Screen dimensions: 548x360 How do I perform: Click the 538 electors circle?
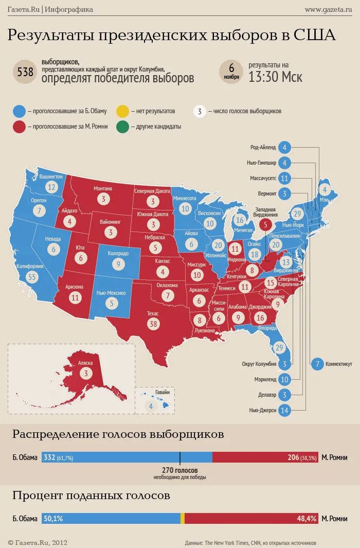click(x=25, y=73)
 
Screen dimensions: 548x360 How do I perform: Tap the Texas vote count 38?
click(x=153, y=324)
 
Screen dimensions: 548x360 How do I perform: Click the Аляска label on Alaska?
click(x=85, y=363)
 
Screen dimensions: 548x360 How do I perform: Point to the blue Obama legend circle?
click(x=19, y=111)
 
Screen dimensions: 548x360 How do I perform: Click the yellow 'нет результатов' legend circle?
click(x=122, y=111)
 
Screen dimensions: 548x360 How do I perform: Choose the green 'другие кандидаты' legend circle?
click(x=122, y=127)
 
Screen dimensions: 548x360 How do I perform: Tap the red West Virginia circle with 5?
click(x=265, y=224)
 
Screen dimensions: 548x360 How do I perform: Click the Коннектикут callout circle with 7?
click(x=317, y=364)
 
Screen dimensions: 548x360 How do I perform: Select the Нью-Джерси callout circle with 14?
click(x=284, y=410)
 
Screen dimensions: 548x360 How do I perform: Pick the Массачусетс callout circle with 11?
click(x=284, y=178)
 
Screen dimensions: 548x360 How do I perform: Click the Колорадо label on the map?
click(x=118, y=254)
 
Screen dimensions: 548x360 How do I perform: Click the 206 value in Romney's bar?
click(x=293, y=457)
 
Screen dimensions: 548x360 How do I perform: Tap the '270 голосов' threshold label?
click(x=179, y=470)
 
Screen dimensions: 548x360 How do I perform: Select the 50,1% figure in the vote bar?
click(x=53, y=519)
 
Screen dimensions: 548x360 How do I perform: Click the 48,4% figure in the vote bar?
click(x=307, y=519)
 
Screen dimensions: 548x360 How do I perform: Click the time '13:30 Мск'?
click(x=275, y=77)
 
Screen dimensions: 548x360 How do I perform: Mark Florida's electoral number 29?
click(x=280, y=348)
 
